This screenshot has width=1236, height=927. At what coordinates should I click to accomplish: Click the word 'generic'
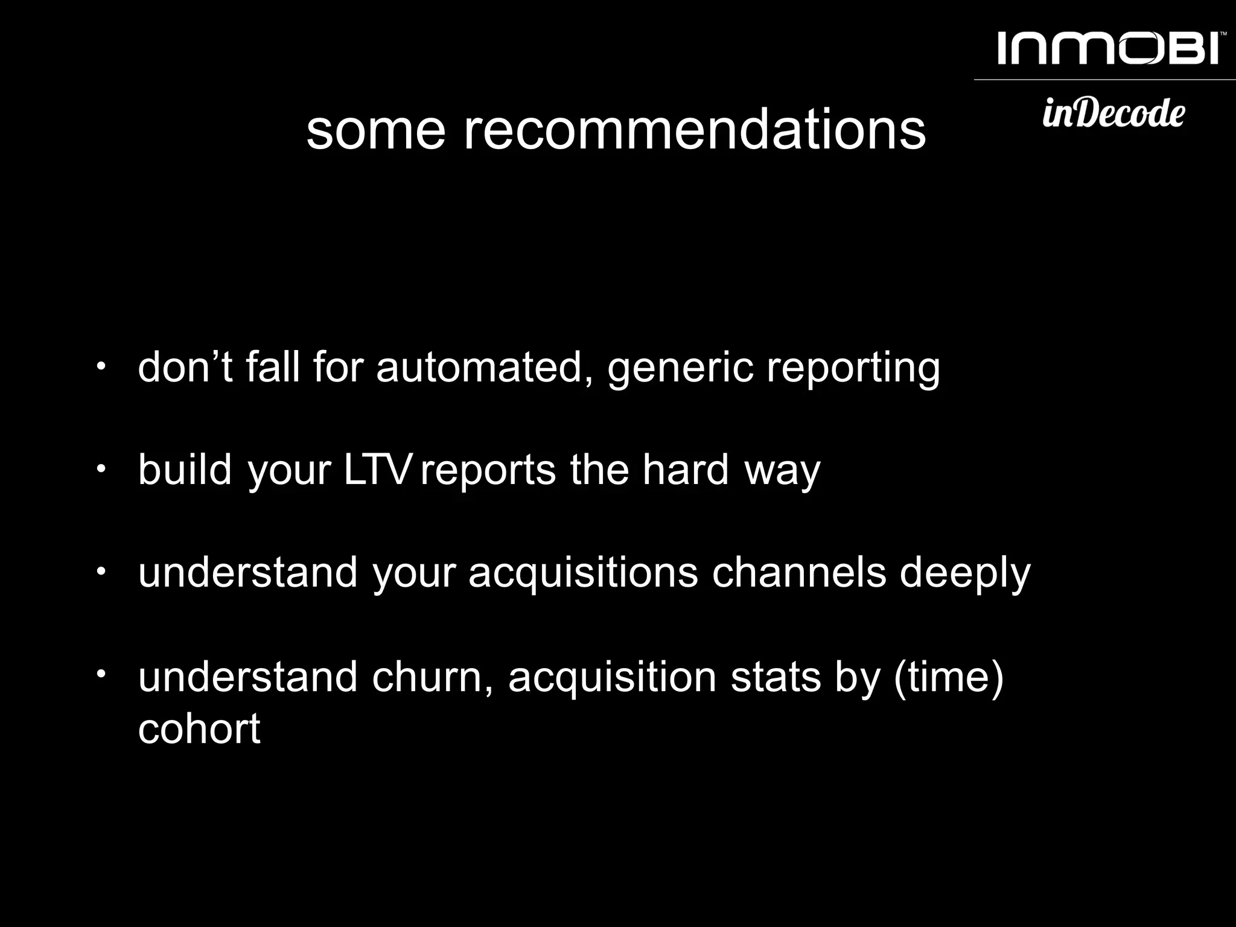(680, 368)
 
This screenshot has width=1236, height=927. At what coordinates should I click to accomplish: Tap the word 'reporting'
(853, 368)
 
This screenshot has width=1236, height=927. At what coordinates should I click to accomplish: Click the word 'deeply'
(965, 573)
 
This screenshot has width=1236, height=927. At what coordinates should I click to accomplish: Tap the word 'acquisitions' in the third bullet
(583, 573)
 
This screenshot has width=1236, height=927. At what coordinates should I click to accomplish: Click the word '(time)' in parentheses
(948, 677)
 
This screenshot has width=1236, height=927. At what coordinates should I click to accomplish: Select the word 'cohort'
(199, 728)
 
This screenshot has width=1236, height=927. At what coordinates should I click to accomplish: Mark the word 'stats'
(776, 677)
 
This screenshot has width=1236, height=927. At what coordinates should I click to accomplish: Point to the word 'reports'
(488, 471)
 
